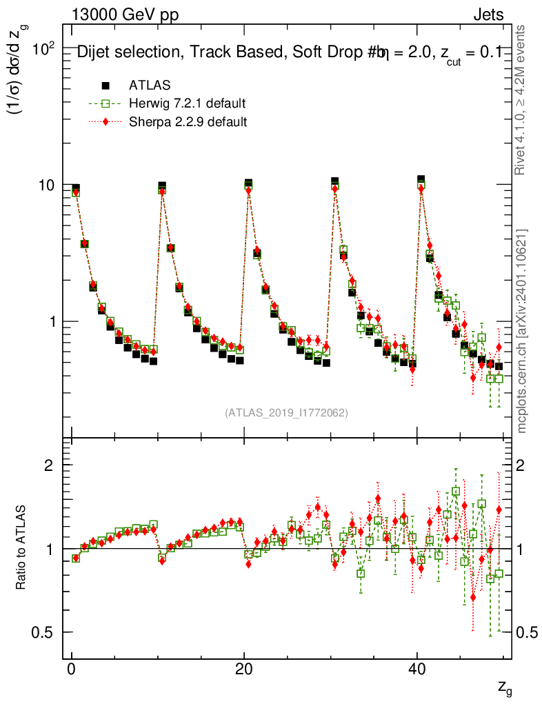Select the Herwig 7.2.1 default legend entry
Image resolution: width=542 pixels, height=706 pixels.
(x=188, y=103)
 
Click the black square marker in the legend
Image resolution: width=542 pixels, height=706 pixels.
(x=106, y=85)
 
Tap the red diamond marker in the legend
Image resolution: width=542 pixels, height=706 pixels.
(x=106, y=122)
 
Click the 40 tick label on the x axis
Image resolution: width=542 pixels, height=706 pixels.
(x=416, y=672)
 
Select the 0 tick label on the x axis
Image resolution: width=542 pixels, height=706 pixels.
(x=72, y=672)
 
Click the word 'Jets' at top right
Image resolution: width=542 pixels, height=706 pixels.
(x=488, y=14)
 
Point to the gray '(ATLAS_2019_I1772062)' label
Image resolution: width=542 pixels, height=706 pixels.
(x=286, y=413)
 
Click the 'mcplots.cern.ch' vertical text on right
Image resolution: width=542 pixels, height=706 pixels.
(x=522, y=331)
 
